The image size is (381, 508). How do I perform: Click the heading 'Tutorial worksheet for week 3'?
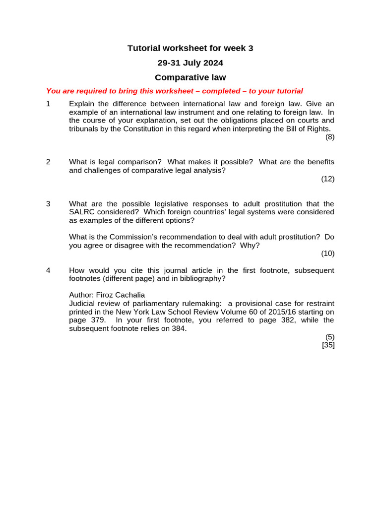click(190, 48)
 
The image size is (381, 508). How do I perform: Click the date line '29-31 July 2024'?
click(190, 63)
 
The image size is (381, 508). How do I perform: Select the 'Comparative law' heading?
click(190, 77)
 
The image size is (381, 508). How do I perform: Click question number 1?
click(48, 104)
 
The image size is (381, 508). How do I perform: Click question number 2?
click(48, 162)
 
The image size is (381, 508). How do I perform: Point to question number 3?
click(48, 204)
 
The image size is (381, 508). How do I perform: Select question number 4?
click(48, 270)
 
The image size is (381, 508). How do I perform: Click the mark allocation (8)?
click(330, 137)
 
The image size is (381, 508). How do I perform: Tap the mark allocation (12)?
click(328, 179)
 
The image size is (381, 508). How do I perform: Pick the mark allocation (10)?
click(328, 254)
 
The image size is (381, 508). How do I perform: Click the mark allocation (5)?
click(330, 337)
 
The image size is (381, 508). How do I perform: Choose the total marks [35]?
click(328, 345)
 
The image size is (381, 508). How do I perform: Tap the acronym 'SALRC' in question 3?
click(81, 212)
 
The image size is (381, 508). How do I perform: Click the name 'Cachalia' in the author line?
click(130, 295)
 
